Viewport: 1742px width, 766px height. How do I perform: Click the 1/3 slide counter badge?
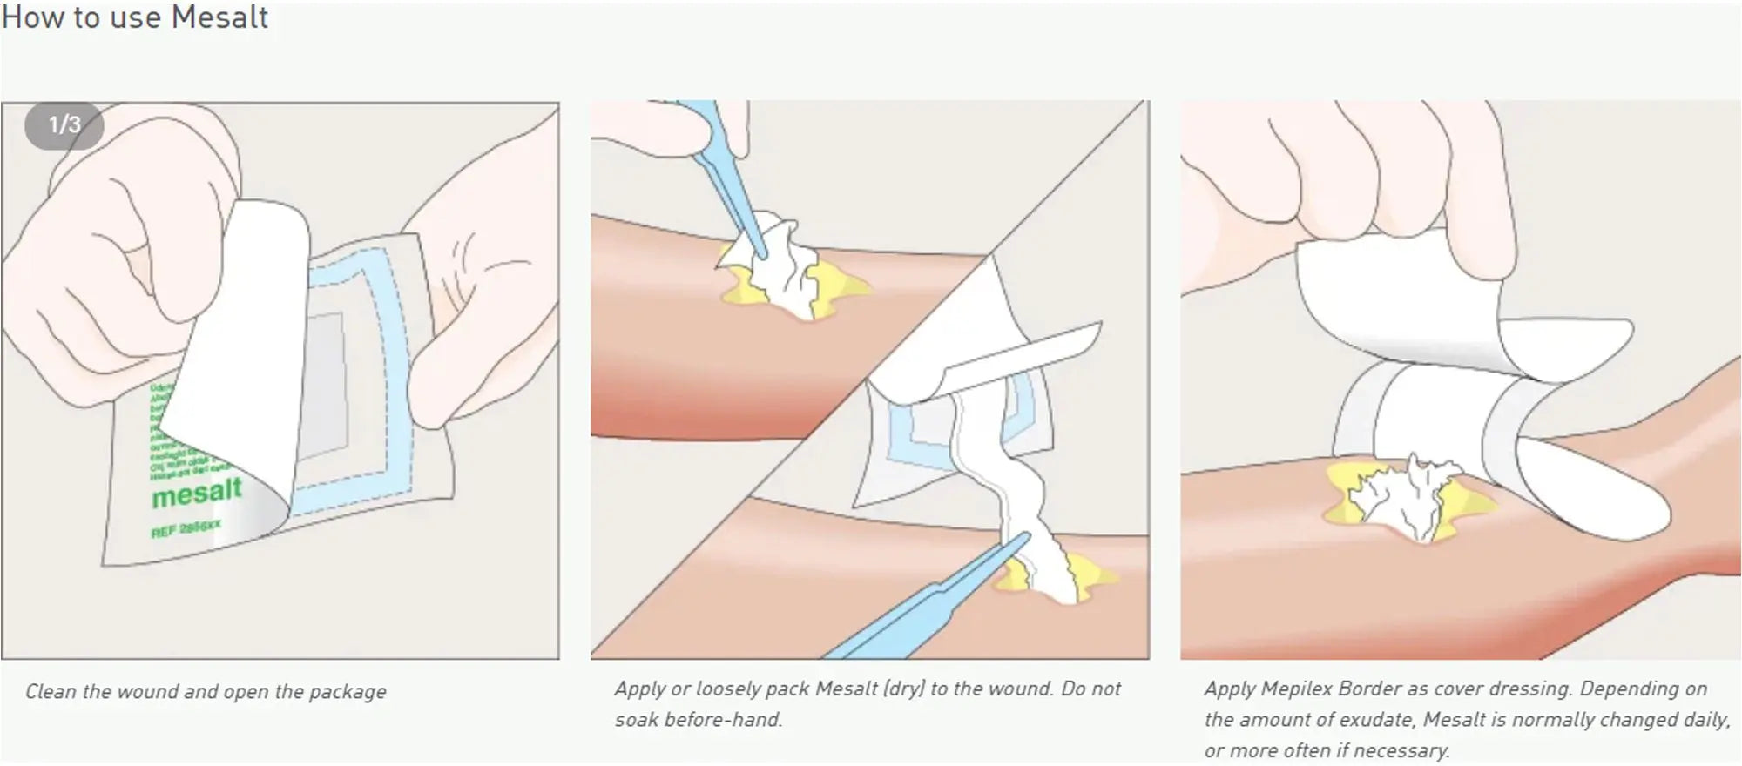(x=64, y=125)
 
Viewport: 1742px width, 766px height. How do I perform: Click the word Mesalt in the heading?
(x=219, y=17)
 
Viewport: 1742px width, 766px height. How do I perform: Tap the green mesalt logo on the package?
(x=196, y=493)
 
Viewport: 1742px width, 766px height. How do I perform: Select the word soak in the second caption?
(x=638, y=720)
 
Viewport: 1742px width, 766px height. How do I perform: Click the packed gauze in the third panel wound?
(x=1402, y=496)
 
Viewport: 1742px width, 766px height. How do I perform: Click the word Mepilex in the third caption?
(x=1296, y=689)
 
